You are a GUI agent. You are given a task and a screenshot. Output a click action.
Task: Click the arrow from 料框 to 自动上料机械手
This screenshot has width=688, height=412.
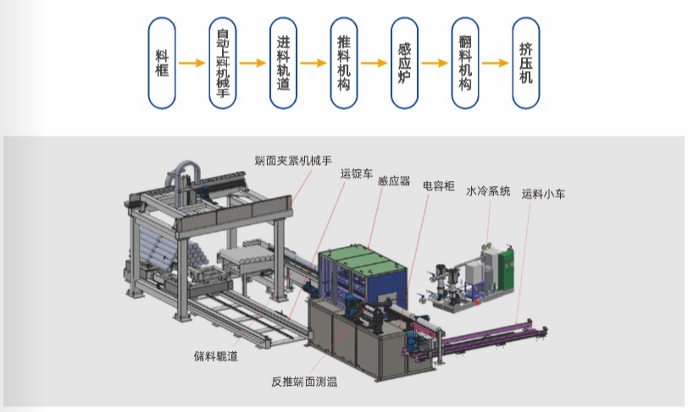coord(192,63)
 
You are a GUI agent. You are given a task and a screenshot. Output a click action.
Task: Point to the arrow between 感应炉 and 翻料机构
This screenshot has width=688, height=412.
coord(434,63)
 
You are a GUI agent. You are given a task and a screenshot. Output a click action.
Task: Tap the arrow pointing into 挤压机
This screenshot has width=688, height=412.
coord(495,63)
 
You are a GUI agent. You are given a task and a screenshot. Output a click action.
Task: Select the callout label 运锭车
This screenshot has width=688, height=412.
coord(356,173)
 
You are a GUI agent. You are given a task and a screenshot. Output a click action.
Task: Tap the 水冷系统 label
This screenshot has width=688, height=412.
coord(488,192)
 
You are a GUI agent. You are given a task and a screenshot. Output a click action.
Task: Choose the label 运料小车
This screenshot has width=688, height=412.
coord(543,194)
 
